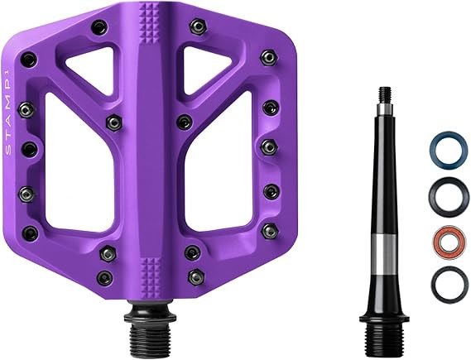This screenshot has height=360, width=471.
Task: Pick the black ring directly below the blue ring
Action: (431, 197)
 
